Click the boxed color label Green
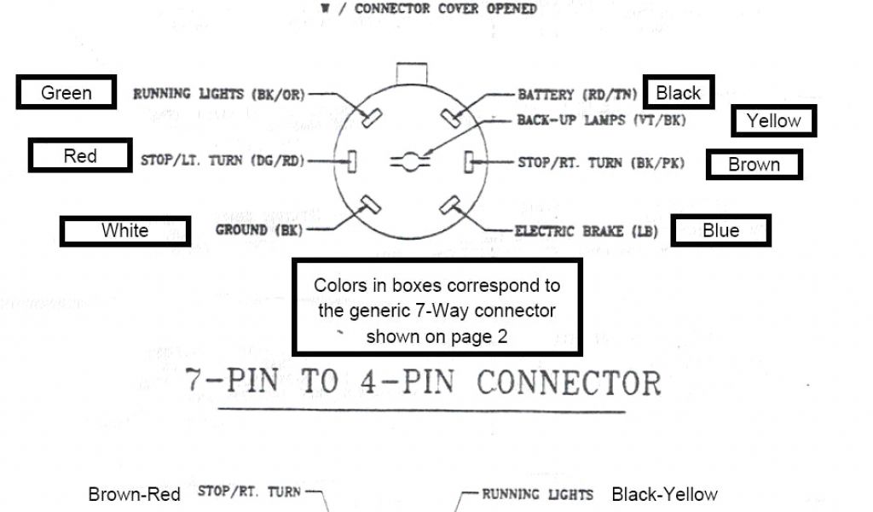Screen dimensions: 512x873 point(66,92)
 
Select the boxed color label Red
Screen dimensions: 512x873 point(80,156)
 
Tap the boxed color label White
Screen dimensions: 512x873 point(124,230)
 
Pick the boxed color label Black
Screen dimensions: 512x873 point(679,92)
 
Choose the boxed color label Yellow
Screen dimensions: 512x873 point(773,121)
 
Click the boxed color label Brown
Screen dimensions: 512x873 point(754,165)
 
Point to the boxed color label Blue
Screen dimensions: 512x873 point(720,230)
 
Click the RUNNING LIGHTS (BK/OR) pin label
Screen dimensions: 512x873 point(218,94)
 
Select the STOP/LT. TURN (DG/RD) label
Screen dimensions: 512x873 point(221,160)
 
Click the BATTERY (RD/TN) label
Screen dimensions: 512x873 point(578,94)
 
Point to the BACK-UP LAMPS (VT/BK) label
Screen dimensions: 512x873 point(600,120)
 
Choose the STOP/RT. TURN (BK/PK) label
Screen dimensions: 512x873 point(600,161)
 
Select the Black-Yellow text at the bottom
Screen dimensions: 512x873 point(664,494)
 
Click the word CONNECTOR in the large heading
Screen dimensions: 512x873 point(569,382)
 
